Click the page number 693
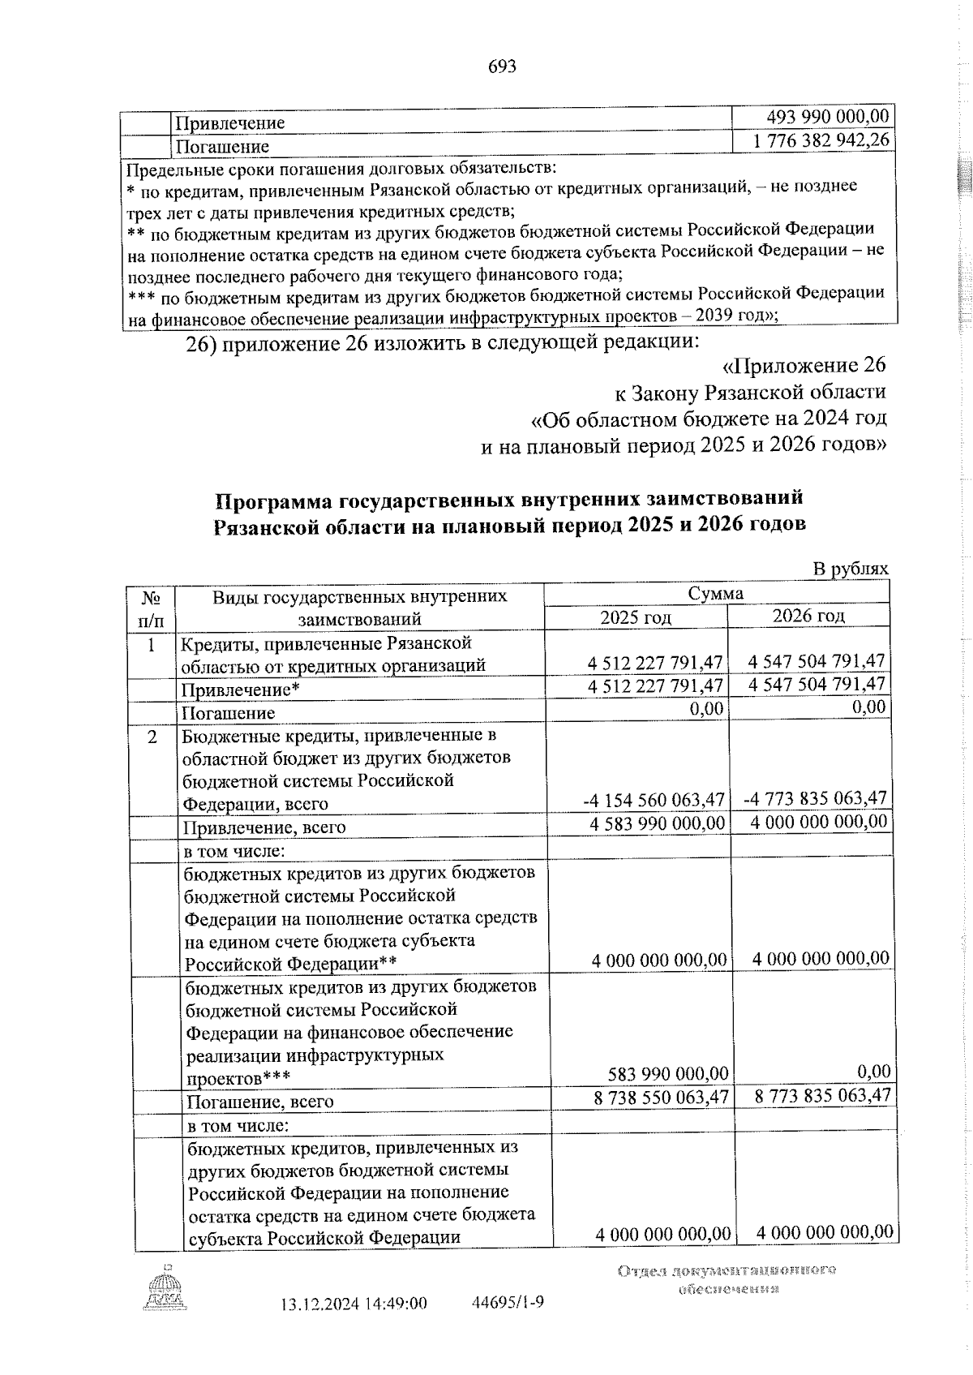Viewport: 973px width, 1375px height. click(502, 67)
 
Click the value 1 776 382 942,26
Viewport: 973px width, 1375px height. click(821, 140)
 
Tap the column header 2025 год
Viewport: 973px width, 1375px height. click(635, 617)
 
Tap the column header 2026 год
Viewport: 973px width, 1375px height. click(808, 616)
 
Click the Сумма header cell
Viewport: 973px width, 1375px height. click(715, 594)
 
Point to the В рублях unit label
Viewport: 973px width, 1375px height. click(851, 569)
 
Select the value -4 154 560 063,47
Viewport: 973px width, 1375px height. click(654, 800)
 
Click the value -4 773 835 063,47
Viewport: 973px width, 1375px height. click(814, 798)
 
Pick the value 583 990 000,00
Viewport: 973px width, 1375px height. click(668, 1074)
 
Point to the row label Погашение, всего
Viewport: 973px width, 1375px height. click(260, 1102)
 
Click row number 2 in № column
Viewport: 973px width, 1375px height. click(152, 737)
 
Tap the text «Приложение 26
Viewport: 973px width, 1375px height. click(803, 365)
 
